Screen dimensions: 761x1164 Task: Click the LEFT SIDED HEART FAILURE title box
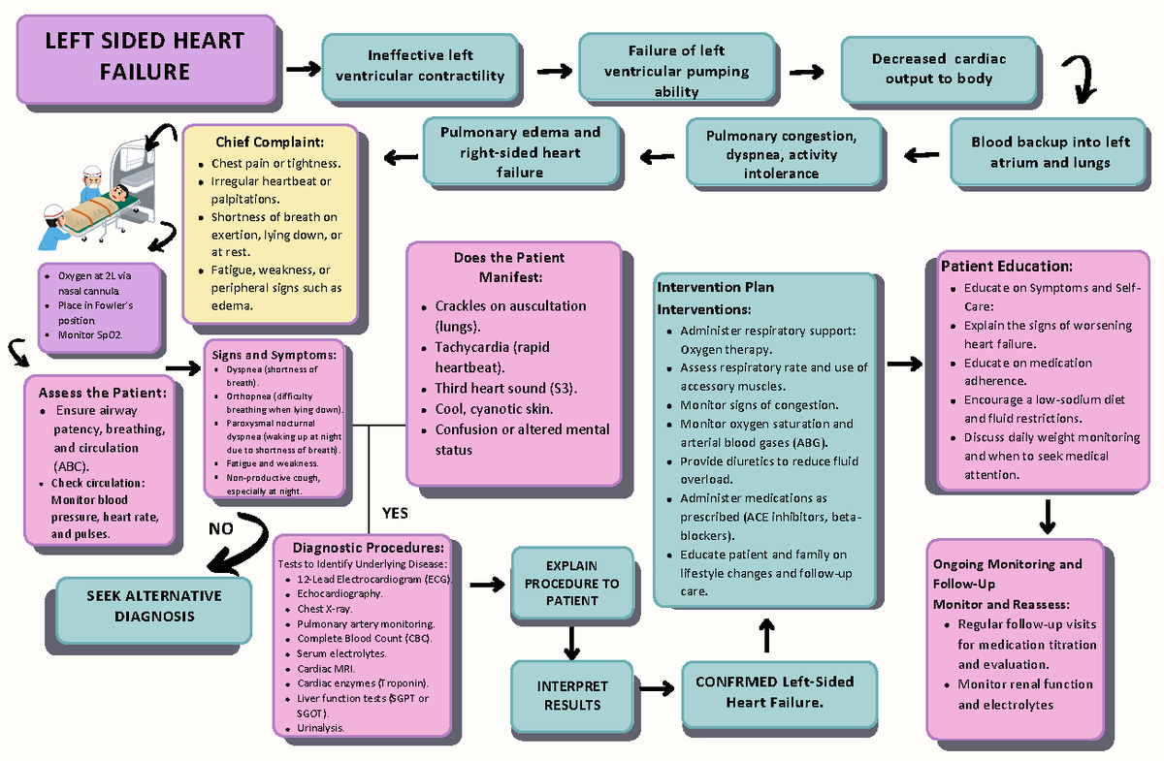[x=145, y=57]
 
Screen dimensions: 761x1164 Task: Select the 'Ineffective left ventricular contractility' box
[x=420, y=66]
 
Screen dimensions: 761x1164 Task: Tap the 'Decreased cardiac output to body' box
[x=938, y=69]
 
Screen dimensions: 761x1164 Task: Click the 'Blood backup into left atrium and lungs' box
[x=1050, y=152]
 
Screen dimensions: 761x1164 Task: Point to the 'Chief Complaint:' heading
[x=262, y=143]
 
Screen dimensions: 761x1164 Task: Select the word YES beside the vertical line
[x=396, y=512]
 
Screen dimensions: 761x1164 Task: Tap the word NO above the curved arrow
[x=221, y=528]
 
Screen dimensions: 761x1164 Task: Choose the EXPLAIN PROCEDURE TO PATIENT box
[x=571, y=583]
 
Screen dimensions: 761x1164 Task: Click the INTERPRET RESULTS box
[x=571, y=695]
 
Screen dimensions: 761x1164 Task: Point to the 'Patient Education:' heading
[x=1006, y=266]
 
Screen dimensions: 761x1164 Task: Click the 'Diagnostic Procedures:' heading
[x=361, y=547]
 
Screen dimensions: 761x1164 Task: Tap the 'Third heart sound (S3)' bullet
[x=505, y=389]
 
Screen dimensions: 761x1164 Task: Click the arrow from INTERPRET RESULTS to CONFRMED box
[x=657, y=687]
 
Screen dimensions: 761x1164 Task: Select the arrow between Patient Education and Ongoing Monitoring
[x=1047, y=516]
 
